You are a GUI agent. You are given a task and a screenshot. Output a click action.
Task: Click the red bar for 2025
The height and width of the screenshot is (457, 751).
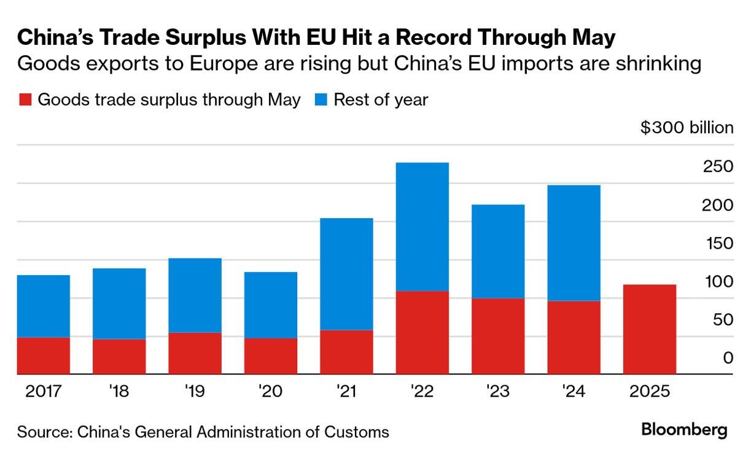(650, 329)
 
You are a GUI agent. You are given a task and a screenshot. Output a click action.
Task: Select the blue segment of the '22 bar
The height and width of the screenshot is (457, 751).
(422, 227)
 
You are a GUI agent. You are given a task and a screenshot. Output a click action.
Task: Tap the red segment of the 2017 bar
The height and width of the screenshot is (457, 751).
(44, 356)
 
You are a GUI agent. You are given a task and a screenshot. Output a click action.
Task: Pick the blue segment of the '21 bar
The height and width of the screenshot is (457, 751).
(346, 274)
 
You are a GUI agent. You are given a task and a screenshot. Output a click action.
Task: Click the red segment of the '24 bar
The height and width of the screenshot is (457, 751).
(574, 337)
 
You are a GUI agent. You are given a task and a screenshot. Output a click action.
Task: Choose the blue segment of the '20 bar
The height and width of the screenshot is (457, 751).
(271, 305)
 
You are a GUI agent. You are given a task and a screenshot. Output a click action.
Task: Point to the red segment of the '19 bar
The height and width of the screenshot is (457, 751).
(195, 353)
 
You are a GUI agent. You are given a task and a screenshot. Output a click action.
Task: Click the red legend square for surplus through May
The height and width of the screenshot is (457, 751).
(25, 100)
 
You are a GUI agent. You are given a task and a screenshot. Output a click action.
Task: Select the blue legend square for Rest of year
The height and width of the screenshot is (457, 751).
(321, 100)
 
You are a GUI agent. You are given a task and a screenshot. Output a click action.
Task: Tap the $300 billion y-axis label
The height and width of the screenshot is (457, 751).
(687, 128)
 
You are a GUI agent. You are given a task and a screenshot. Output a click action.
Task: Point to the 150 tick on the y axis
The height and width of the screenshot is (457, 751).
(719, 243)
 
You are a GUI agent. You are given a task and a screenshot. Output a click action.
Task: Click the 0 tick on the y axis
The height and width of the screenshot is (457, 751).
(728, 358)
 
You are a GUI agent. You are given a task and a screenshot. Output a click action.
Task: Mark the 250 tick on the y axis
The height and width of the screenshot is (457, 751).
(719, 166)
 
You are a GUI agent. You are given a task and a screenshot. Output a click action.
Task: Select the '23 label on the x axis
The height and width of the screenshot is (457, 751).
(498, 391)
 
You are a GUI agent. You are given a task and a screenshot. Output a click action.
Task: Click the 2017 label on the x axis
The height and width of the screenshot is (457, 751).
(44, 391)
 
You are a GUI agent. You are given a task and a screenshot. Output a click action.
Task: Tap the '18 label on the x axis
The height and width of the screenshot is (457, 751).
(119, 391)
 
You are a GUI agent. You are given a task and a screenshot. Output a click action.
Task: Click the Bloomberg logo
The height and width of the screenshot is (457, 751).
(684, 430)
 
